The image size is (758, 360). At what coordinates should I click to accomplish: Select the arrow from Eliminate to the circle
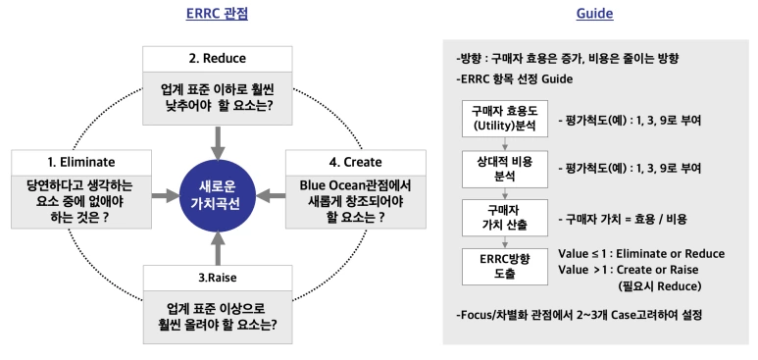point(164,196)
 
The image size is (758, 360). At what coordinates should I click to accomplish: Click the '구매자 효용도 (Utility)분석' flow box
point(502,120)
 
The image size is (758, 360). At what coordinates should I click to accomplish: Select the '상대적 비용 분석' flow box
point(502,168)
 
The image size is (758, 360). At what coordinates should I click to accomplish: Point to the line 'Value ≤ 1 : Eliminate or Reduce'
point(640,253)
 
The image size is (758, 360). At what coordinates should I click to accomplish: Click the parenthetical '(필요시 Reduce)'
point(676,285)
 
